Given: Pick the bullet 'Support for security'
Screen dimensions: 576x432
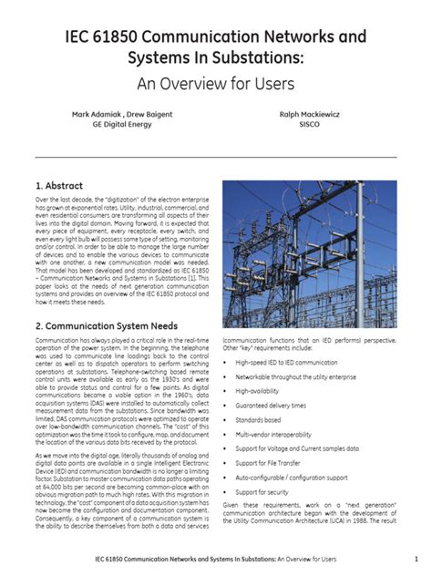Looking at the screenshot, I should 268,492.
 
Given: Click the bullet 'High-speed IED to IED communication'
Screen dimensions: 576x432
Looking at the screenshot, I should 293,361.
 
